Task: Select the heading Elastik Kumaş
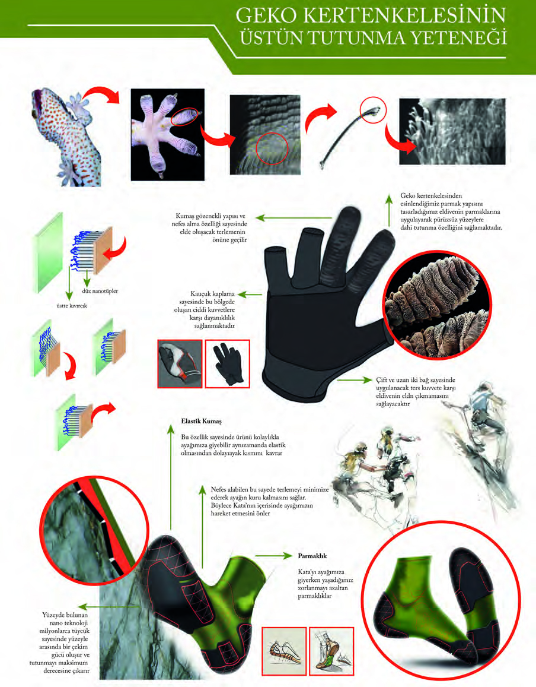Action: pos(201,422)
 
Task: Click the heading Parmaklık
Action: pos(312,556)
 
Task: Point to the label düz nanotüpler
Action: pos(100,291)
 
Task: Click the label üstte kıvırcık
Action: pos(72,306)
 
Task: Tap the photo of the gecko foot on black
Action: pos(168,135)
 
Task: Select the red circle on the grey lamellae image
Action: pos(272,148)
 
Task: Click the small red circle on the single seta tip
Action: pos(373,109)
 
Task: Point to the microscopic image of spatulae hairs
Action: pos(452,131)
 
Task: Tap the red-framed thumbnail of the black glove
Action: pos(228,363)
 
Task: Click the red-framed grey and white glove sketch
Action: pos(180,363)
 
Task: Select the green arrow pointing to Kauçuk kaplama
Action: pos(250,295)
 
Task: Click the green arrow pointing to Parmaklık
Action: pos(273,556)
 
